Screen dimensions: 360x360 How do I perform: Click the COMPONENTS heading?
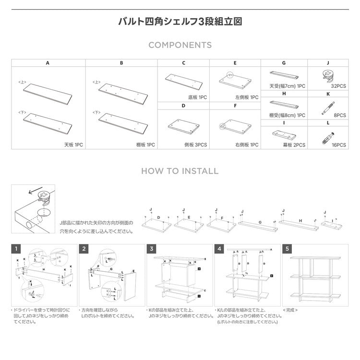[x=180, y=45]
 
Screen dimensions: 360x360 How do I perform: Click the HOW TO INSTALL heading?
[x=180, y=171]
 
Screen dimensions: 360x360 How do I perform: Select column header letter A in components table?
[x=48, y=63]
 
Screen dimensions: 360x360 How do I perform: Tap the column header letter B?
[x=121, y=63]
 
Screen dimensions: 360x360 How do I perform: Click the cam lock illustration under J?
[x=328, y=75]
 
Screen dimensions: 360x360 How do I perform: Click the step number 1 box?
[x=16, y=249]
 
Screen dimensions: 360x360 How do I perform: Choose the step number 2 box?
[x=84, y=249]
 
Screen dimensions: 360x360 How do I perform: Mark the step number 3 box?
[x=152, y=249]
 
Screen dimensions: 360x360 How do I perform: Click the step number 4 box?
[x=219, y=249]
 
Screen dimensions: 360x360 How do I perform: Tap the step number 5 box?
[x=287, y=249]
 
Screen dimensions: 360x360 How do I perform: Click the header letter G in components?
[x=284, y=63]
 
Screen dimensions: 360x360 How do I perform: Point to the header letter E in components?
[x=235, y=63]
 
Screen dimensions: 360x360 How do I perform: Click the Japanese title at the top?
[x=180, y=22]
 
